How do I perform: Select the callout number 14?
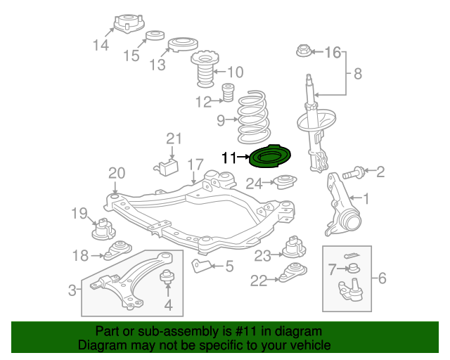[x=101, y=46]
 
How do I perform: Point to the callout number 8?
[x=357, y=73]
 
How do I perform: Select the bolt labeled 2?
[x=354, y=171]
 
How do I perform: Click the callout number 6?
[x=382, y=278]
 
